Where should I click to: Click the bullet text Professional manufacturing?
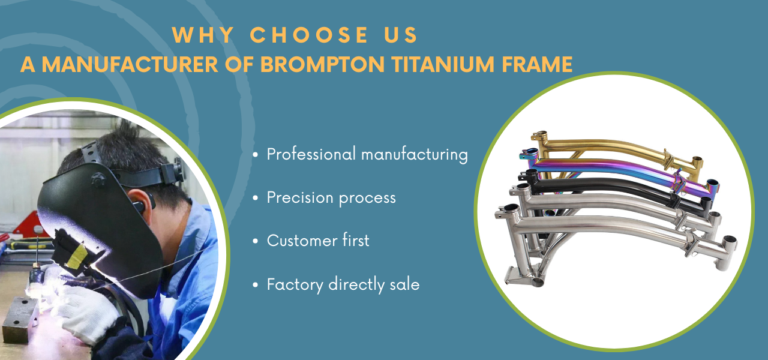point(367,154)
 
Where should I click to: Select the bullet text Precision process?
point(331,197)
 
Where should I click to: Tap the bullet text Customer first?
point(318,241)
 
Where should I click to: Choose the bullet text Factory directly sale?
point(343,284)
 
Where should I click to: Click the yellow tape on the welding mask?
point(76,257)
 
